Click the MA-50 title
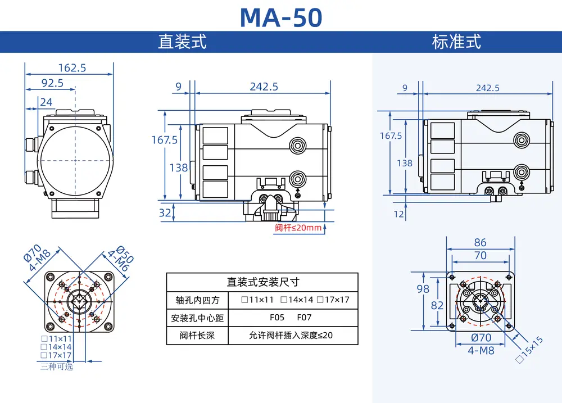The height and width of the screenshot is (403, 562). click(x=281, y=17)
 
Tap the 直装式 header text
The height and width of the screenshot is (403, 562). click(x=182, y=42)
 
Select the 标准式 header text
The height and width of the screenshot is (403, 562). click(x=456, y=42)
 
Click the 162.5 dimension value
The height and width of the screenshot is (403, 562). click(x=72, y=68)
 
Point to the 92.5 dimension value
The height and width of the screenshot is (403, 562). click(x=52, y=83)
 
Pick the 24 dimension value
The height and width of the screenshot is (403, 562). click(x=46, y=102)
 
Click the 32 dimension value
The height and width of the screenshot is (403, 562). click(x=165, y=212)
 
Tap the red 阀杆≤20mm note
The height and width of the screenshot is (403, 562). click(x=298, y=228)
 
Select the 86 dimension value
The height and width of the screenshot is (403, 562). click(x=481, y=242)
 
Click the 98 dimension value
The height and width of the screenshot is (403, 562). click(x=423, y=289)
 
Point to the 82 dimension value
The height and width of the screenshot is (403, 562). click(x=437, y=305)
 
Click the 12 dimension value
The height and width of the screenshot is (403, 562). click(x=399, y=214)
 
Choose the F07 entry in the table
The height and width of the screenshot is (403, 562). click(x=304, y=318)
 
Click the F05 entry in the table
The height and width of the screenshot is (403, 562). click(x=277, y=318)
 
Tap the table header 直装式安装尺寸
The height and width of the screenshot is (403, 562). click(x=262, y=282)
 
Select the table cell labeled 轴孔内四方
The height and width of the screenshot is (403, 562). click(x=197, y=300)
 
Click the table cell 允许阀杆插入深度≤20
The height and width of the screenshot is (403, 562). click(x=291, y=335)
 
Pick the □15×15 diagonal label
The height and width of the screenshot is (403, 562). click(x=529, y=350)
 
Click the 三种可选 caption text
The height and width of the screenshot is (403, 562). click(x=57, y=366)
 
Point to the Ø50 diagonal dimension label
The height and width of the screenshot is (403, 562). click(x=125, y=254)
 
